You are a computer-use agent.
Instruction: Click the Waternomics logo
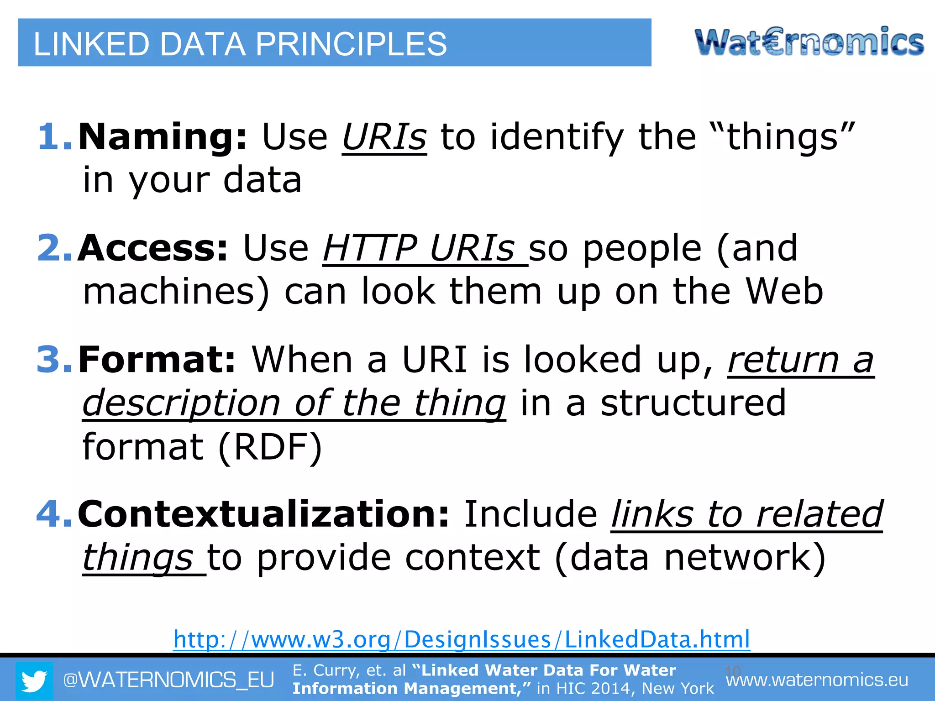click(x=809, y=42)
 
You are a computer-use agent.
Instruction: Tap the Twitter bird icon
click(x=34, y=680)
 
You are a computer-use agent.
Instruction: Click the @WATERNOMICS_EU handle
click(x=168, y=680)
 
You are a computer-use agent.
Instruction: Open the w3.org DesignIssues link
click(x=462, y=639)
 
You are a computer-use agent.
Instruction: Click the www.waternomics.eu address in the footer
click(x=817, y=680)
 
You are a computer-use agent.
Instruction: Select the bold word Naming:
click(x=163, y=136)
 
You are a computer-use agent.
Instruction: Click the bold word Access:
click(x=152, y=248)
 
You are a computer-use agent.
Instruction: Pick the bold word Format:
click(x=157, y=359)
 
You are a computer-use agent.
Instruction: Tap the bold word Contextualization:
click(x=264, y=514)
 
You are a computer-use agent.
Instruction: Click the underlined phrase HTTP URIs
click(x=419, y=248)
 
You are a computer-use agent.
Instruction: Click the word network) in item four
click(x=745, y=557)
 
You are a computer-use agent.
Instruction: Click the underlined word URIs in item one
click(x=384, y=136)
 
